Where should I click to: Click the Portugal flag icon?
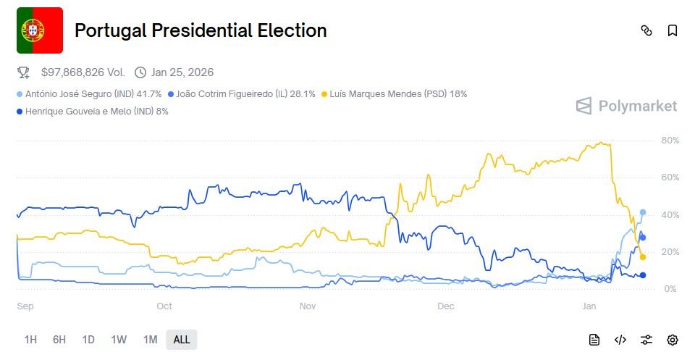tap(40, 30)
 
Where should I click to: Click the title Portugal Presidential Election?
tap(201, 30)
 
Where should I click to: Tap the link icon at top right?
tap(646, 30)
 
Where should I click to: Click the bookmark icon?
tap(673, 30)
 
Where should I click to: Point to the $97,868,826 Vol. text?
tap(83, 72)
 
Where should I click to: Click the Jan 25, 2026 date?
tap(182, 72)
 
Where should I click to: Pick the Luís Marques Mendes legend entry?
tap(397, 94)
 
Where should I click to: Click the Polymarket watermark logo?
tap(626, 106)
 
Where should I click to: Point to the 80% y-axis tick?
tap(670, 141)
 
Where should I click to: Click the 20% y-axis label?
tap(670, 252)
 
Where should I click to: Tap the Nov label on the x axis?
tap(308, 306)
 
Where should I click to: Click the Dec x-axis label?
tap(446, 306)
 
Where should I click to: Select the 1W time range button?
tap(119, 340)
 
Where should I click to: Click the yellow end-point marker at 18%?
tap(643, 257)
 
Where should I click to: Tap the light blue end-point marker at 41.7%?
tap(643, 212)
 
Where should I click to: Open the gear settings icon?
tap(673, 340)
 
